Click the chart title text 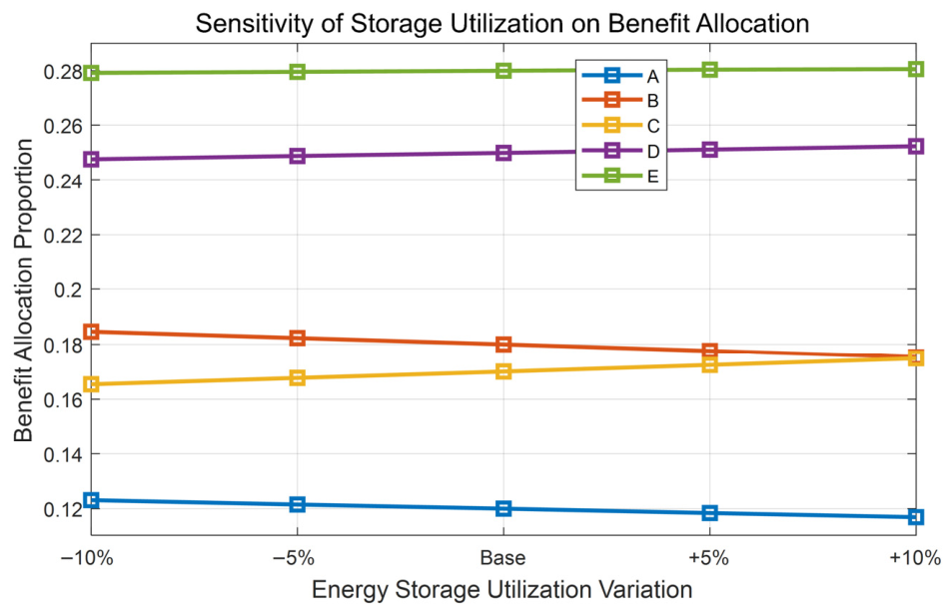click(502, 24)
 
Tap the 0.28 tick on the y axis click(63, 72)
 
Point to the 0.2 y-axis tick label click(68, 290)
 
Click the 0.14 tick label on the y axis click(63, 454)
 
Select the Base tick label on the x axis click(502, 557)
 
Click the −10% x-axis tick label click(87, 557)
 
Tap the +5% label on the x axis click(708, 557)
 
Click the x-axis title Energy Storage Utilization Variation click(502, 589)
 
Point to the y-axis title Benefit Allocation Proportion click(23, 291)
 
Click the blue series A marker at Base click(503, 508)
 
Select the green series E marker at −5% click(298, 72)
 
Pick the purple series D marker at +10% click(916, 146)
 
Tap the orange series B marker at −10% click(92, 331)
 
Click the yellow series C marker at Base click(503, 370)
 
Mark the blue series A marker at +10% click(916, 517)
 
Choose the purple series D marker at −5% click(298, 156)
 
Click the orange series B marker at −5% click(298, 337)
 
